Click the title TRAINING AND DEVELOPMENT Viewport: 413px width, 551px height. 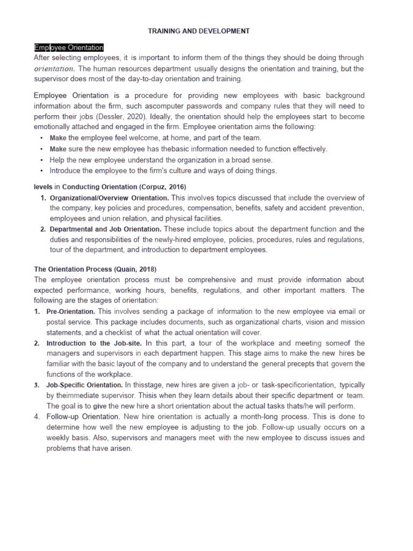[x=198, y=31]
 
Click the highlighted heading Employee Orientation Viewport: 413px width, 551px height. [x=69, y=48]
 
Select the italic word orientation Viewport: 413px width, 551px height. [x=54, y=69]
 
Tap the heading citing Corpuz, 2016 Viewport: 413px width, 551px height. [x=110, y=187]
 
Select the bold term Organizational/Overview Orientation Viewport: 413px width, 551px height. [x=109, y=197]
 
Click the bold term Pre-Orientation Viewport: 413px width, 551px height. [x=71, y=312]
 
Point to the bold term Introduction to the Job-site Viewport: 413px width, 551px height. [x=94, y=343]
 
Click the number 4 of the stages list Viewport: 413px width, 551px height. [x=37, y=416]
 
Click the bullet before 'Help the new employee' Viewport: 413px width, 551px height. [x=42, y=160]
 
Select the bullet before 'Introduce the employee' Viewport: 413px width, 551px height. [x=42, y=171]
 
